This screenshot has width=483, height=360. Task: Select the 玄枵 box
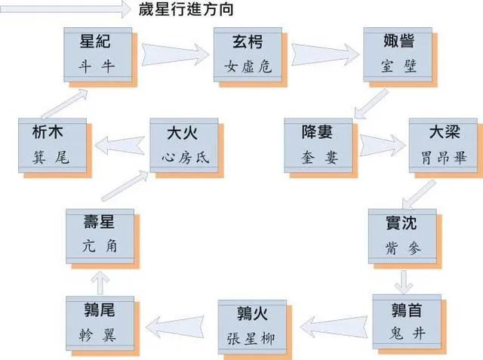pyautogui.click(x=247, y=54)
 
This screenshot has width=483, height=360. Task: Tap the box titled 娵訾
pyautogui.click(x=397, y=53)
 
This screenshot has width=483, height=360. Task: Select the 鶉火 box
pyautogui.click(x=252, y=323)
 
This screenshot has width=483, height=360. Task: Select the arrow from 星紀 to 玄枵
pyautogui.click(x=173, y=53)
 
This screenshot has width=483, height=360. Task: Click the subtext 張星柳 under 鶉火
pyautogui.click(x=252, y=336)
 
